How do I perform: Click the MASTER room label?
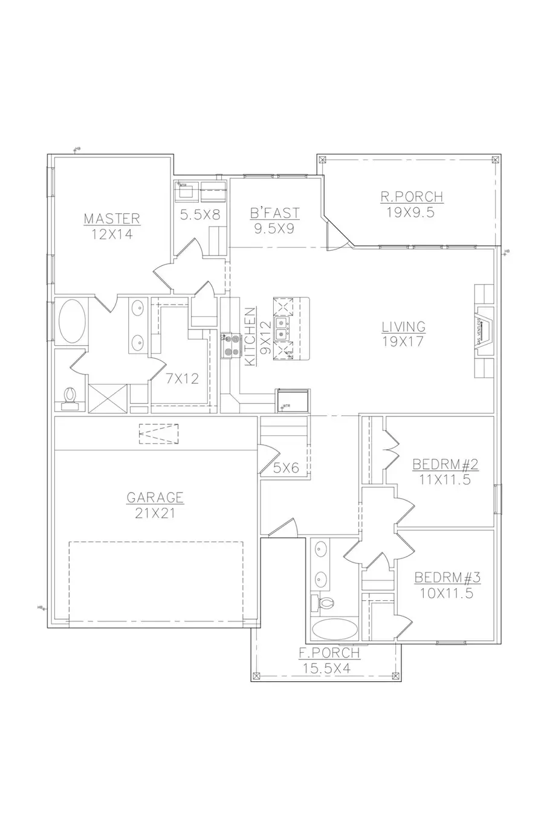(112, 218)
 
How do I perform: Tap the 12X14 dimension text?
(112, 234)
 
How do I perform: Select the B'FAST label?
(275, 213)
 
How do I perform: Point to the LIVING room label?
(403, 327)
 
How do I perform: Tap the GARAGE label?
(155, 497)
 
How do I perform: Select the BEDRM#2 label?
(445, 465)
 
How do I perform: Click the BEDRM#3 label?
(447, 578)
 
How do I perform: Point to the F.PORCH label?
(330, 653)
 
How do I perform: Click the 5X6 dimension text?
(287, 467)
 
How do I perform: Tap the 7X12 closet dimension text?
(183, 380)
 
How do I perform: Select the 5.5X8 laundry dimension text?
(200, 214)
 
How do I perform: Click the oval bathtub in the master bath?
(72, 321)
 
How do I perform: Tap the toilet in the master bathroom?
(71, 396)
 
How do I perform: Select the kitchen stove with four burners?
(230, 345)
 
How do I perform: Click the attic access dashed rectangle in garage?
(159, 435)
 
